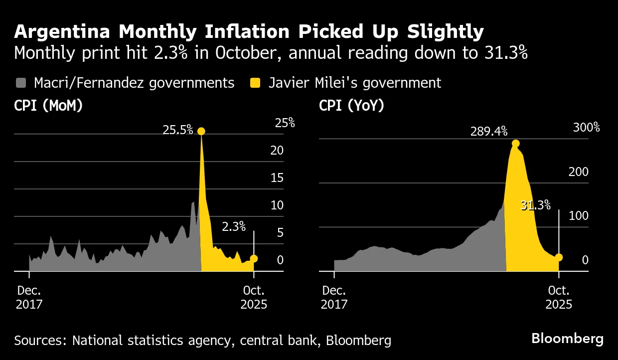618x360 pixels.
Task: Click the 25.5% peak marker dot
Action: tap(201, 131)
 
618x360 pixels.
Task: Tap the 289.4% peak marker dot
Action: tap(515, 144)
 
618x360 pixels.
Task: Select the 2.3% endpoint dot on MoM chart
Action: tap(254, 258)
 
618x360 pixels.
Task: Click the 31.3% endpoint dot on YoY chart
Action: tap(559, 257)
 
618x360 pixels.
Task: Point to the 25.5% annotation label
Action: tap(177, 130)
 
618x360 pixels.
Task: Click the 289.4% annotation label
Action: tap(488, 131)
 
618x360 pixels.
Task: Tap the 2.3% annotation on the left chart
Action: tap(233, 227)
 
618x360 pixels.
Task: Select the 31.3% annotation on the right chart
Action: tap(535, 205)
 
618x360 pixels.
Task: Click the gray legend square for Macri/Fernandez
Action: tap(20, 83)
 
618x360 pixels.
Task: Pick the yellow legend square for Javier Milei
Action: tap(255, 83)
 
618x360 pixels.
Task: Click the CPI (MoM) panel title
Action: tap(48, 106)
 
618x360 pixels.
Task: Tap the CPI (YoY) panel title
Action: tap(351, 106)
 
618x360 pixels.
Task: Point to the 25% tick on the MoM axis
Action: tap(285, 123)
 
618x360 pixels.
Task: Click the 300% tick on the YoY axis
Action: tap(586, 127)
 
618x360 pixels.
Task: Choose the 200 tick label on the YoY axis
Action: tap(578, 172)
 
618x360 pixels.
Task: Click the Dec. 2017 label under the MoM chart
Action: tap(29, 297)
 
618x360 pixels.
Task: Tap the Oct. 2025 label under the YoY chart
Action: tap(559, 297)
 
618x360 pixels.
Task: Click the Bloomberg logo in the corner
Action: tap(567, 339)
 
